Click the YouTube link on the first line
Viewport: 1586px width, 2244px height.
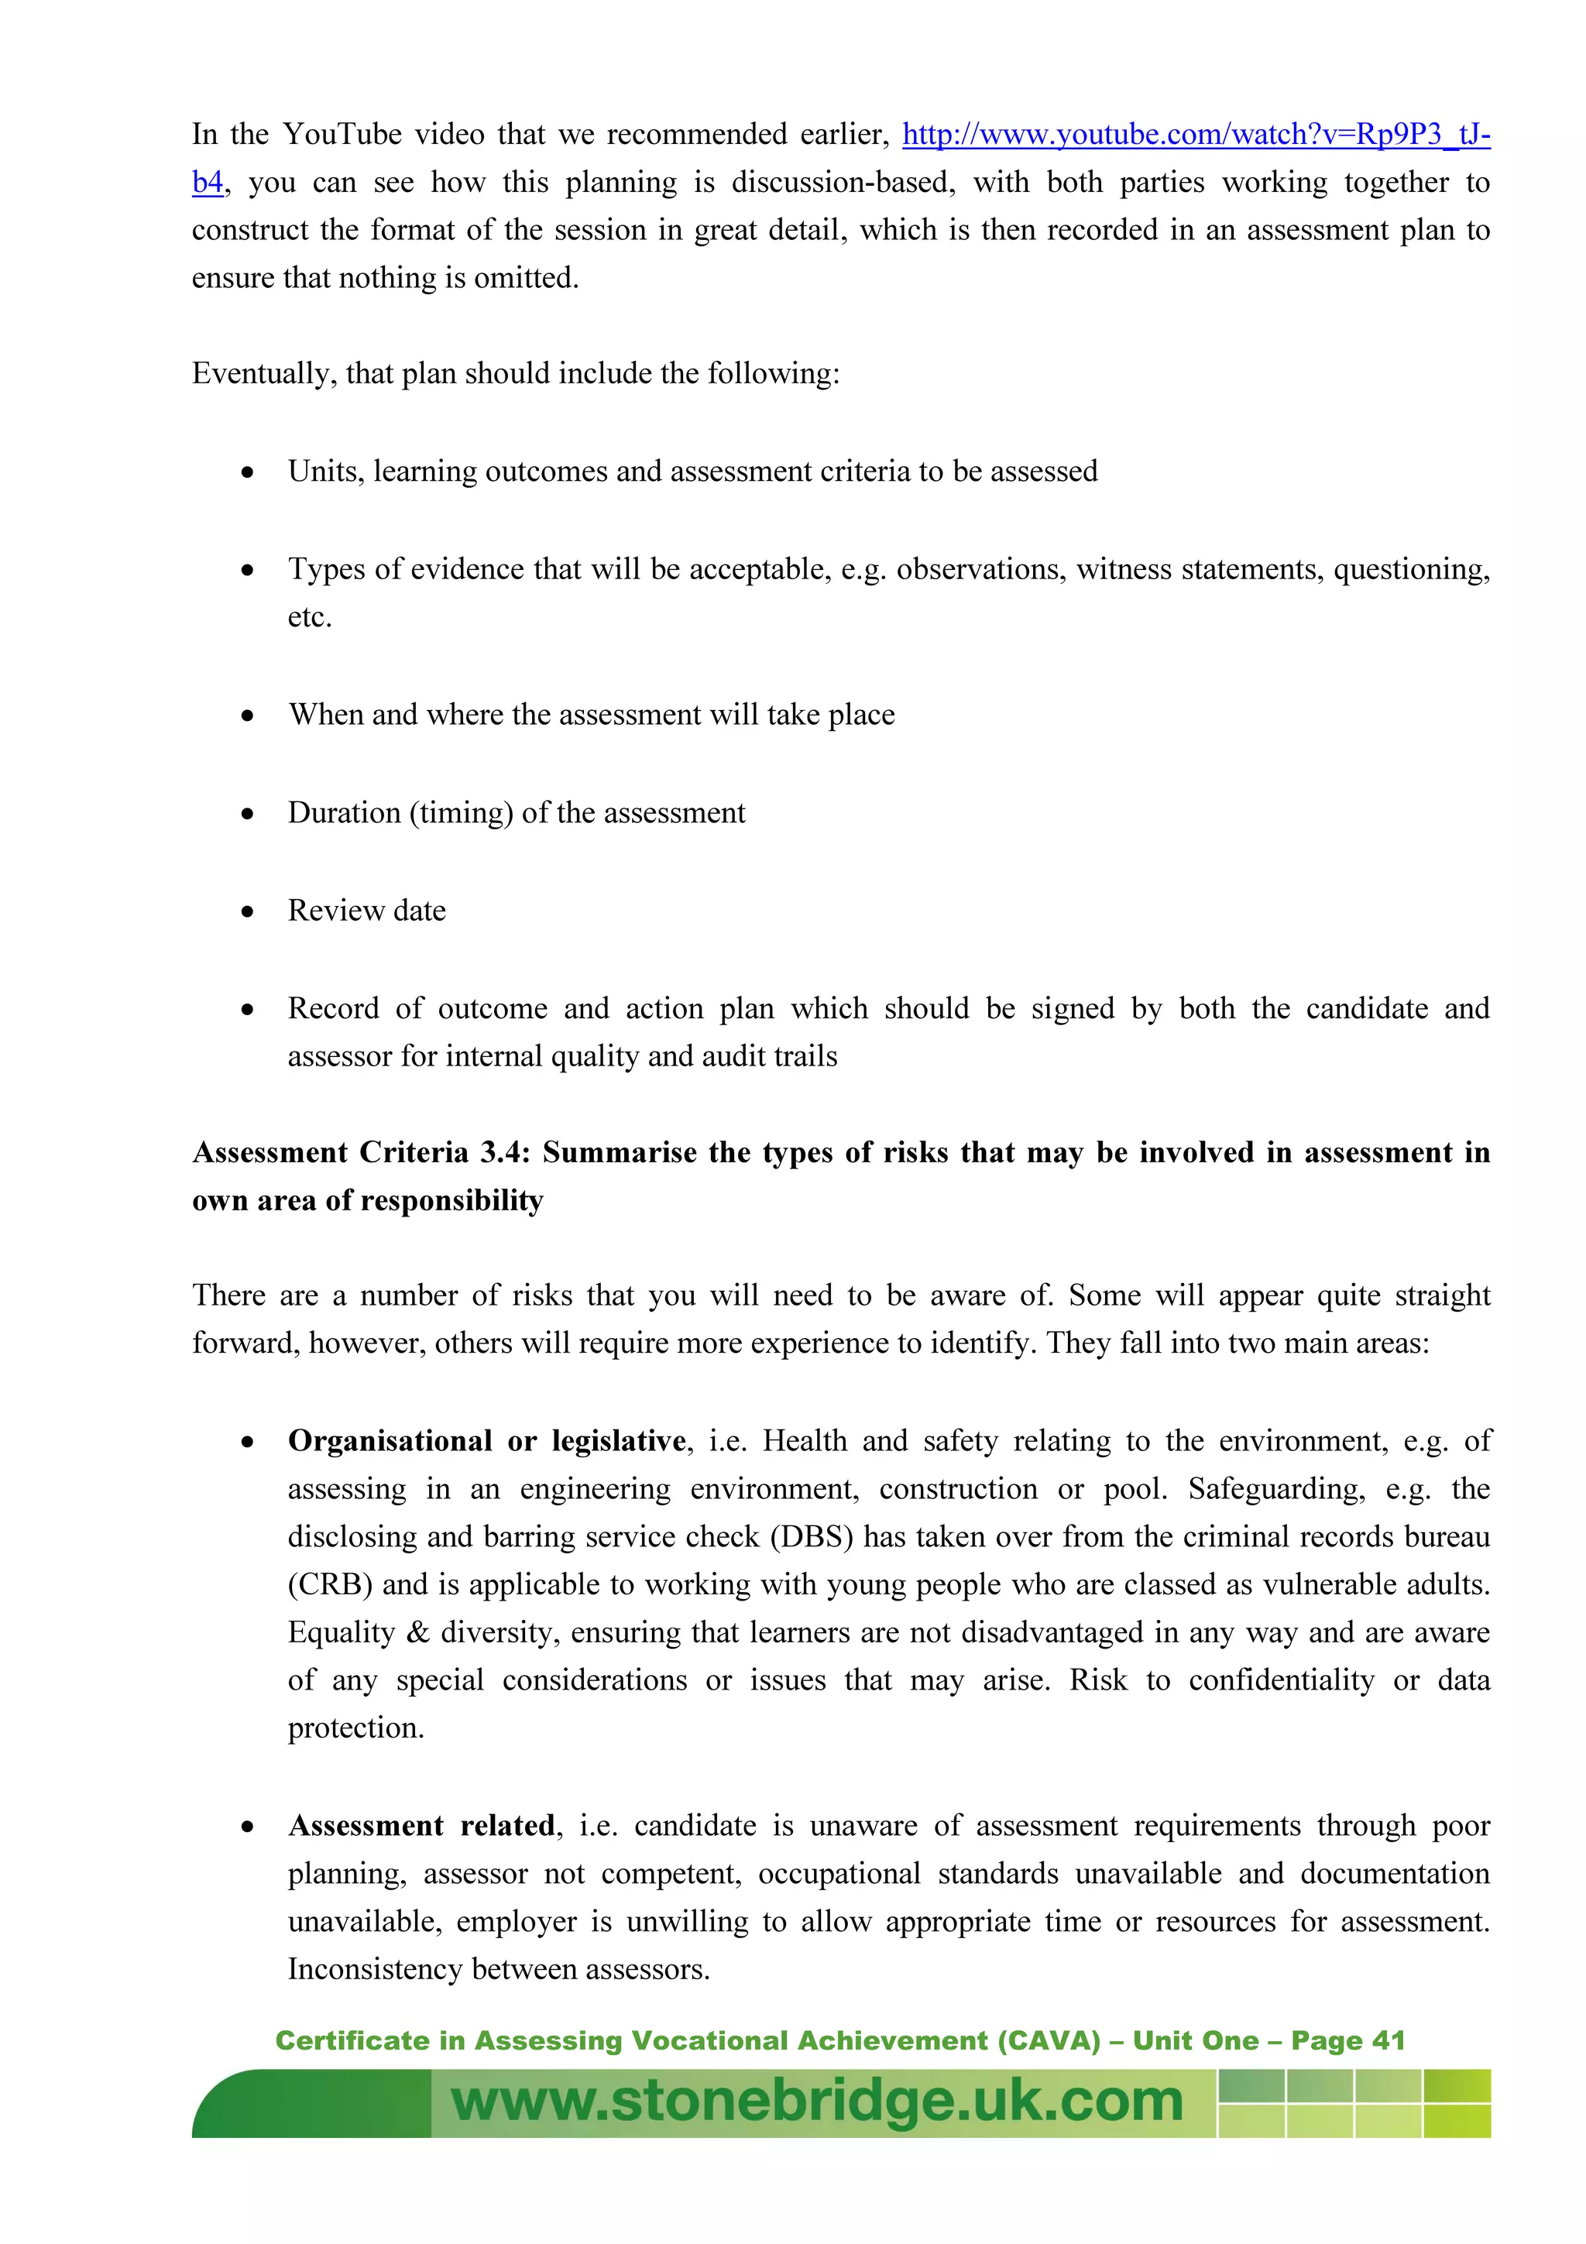[x=1195, y=135]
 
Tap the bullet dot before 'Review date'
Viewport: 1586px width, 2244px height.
[x=249, y=912]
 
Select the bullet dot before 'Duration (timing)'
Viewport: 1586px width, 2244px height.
[x=249, y=814]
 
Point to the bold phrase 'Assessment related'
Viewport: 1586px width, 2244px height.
[x=421, y=1826]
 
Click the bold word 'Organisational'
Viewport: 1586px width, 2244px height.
[x=390, y=1442]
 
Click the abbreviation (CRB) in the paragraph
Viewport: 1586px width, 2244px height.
[x=329, y=1585]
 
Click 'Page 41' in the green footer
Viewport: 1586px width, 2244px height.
[x=1347, y=2040]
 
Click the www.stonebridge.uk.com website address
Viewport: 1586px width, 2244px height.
[x=817, y=2102]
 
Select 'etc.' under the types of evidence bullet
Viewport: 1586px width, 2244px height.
[x=309, y=618]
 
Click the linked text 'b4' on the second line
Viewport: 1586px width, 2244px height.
[x=208, y=183]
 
